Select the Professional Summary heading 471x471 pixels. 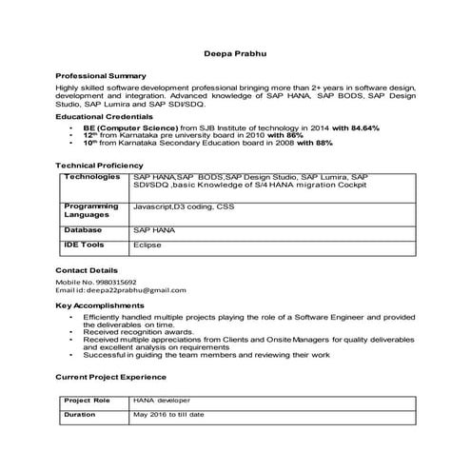click(101, 75)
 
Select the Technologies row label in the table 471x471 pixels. click(92, 178)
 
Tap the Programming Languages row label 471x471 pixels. click(91, 210)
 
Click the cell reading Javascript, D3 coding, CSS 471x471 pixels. click(183, 206)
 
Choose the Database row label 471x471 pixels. click(83, 230)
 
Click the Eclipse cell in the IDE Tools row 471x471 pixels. click(147, 245)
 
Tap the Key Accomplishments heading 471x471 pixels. click(98, 305)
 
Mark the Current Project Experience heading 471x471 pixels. click(112, 378)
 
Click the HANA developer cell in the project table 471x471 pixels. click(163, 401)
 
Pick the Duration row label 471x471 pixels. click(80, 415)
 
